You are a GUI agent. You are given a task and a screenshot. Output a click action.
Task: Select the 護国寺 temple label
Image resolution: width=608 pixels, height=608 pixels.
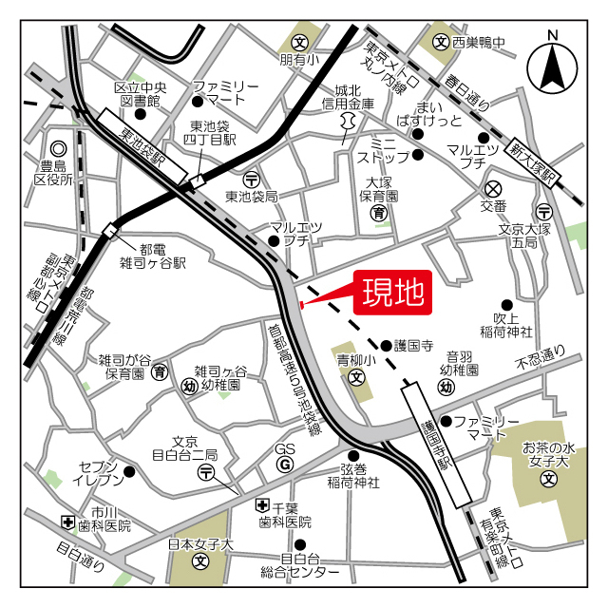413,346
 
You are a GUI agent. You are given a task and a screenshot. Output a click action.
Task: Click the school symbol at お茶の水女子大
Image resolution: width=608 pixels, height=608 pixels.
548,481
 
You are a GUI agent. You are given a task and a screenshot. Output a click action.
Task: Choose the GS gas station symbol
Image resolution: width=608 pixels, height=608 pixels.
284,464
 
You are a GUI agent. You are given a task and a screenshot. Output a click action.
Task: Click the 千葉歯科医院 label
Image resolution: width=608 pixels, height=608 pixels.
284,515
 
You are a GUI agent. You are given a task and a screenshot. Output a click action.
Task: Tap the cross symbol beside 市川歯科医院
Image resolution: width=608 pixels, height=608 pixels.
68,522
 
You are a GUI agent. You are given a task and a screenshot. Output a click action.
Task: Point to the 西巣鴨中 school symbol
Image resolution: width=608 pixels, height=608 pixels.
441,42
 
